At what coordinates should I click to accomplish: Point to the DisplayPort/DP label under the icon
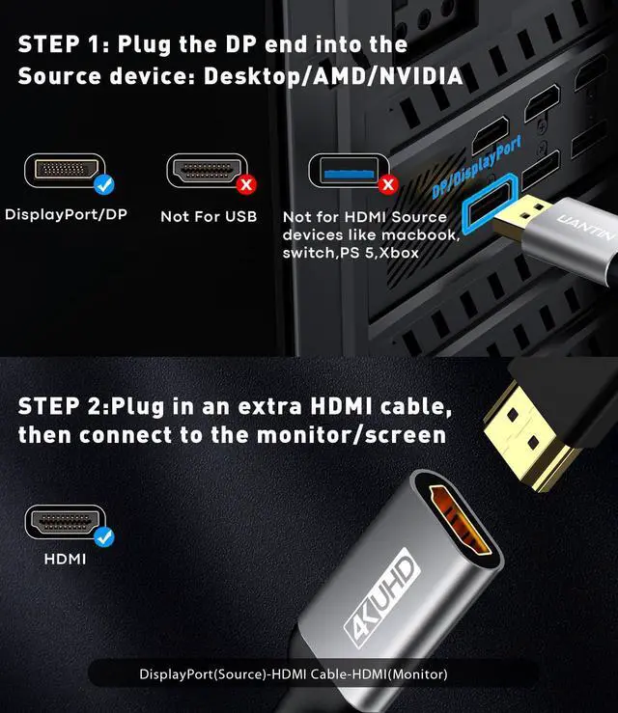click(66, 214)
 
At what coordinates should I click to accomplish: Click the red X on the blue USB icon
click(387, 183)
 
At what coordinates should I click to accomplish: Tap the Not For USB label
click(209, 216)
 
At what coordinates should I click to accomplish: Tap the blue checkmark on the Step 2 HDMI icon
click(103, 536)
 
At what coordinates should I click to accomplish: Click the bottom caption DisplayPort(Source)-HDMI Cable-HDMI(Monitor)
click(306, 673)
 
